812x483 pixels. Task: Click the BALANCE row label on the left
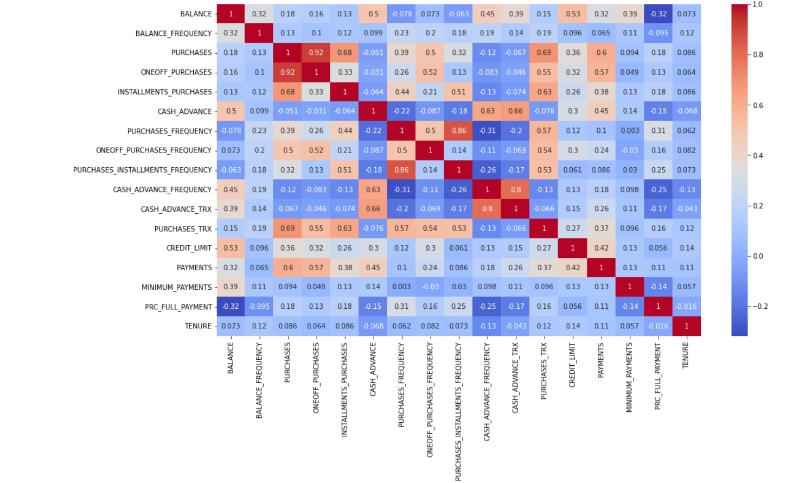coord(196,14)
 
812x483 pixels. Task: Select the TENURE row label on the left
coord(198,326)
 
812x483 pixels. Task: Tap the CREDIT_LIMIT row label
coord(189,248)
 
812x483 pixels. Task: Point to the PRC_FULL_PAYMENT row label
coord(178,307)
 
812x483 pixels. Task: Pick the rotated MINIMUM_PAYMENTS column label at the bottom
coord(629,377)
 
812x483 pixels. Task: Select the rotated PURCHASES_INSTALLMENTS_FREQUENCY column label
coord(458,411)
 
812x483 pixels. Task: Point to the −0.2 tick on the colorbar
coord(759,307)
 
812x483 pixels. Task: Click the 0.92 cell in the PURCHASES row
coord(316,53)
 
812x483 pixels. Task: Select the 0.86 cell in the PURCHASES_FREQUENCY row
coord(459,131)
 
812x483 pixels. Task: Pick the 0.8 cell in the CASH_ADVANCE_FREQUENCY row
coord(516,189)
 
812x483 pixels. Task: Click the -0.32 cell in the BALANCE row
coord(658,14)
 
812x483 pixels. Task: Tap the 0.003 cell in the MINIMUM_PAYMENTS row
coord(401,287)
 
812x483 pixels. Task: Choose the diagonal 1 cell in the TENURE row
coord(686,326)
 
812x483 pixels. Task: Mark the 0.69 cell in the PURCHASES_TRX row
coord(287,228)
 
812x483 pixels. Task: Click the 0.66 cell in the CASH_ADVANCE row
coord(516,111)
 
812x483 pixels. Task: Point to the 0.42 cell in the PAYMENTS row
coord(573,268)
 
